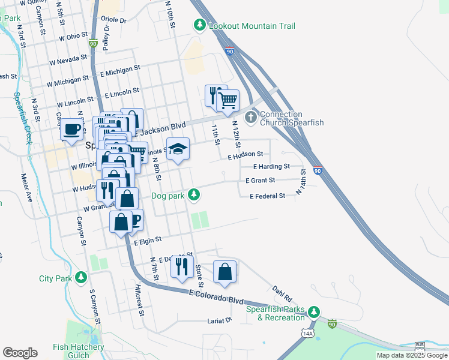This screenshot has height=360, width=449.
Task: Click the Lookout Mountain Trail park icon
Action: coord(199,25)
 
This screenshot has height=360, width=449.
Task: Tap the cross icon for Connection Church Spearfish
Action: coord(251,116)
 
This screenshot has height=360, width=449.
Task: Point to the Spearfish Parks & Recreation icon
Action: coord(313,312)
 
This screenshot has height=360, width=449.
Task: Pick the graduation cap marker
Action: coord(177,148)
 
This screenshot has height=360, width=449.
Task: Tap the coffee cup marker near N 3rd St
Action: coord(71,129)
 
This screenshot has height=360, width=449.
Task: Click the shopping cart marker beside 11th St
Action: coord(228,101)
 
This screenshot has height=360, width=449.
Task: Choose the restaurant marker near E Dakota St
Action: coord(182,266)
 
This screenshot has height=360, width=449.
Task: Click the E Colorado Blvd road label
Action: coord(215,295)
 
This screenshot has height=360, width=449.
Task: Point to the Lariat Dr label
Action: coord(218,320)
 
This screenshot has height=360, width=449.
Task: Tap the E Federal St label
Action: coord(267,196)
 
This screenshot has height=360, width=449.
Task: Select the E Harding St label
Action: coord(271,166)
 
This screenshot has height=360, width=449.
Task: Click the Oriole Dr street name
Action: coord(115,20)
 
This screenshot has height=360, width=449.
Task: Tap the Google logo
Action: coord(20,353)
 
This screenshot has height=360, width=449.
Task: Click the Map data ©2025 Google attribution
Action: coord(412,355)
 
